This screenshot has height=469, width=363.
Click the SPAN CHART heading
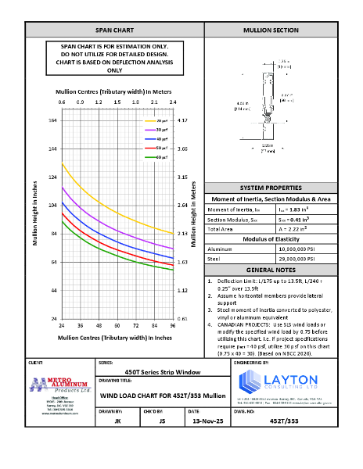click(x=114, y=30)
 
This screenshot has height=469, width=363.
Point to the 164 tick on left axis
click(x=52, y=120)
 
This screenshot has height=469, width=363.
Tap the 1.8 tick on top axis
click(x=136, y=102)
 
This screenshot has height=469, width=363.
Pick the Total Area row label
click(x=221, y=231)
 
